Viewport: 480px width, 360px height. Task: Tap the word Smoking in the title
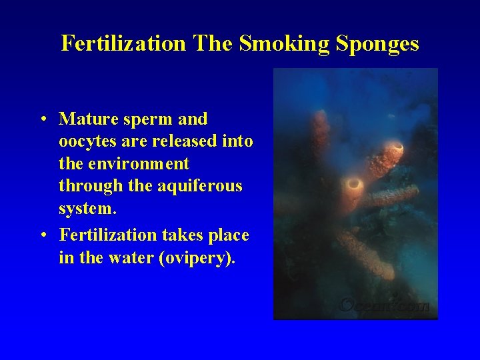275,44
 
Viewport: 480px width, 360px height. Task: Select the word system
87,209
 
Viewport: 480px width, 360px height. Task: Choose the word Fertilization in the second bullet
108,235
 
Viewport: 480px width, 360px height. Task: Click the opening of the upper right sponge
395,148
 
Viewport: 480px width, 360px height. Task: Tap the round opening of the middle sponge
354,182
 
